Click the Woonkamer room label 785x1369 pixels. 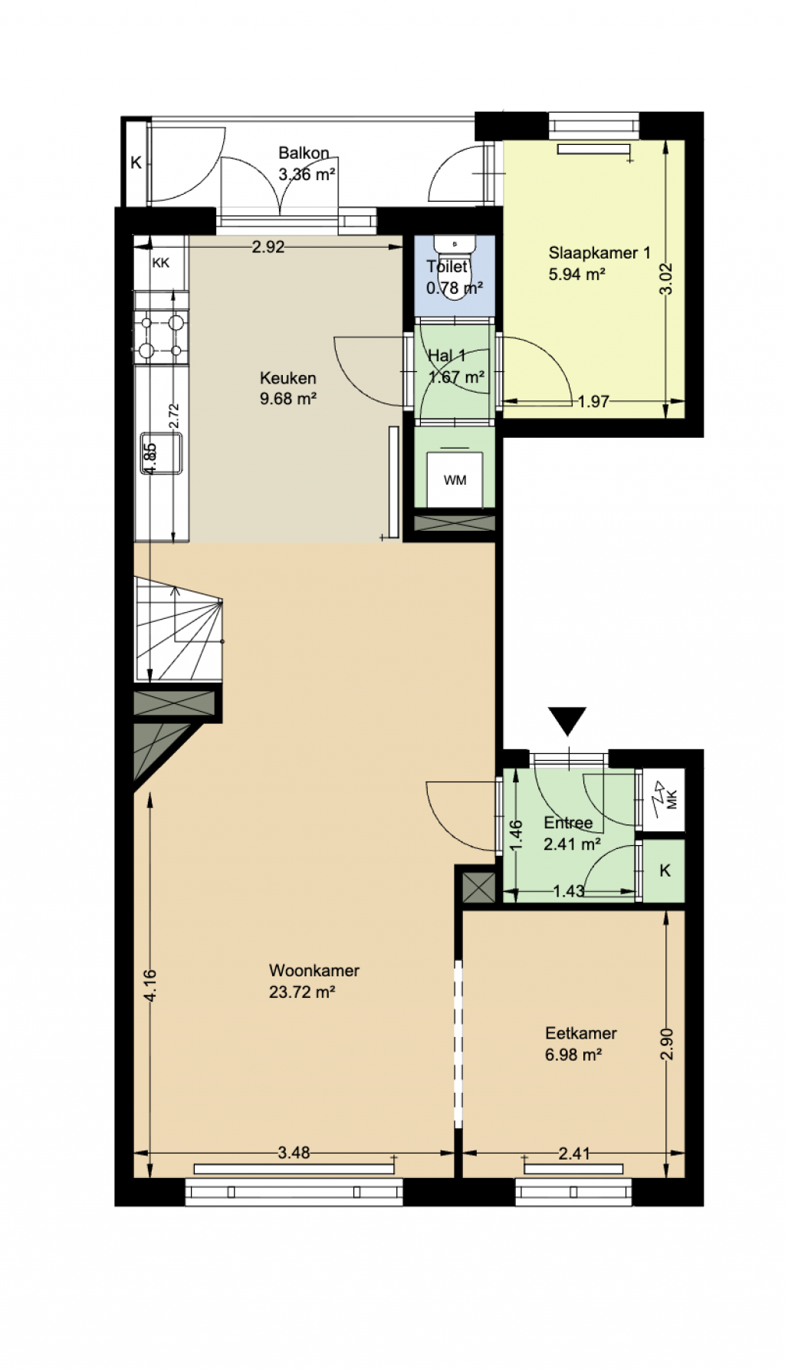(x=314, y=970)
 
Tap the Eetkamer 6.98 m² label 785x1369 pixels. (x=580, y=1044)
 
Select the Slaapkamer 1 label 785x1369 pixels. (x=599, y=252)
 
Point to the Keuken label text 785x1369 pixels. (x=288, y=378)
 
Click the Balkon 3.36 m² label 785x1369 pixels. (x=306, y=164)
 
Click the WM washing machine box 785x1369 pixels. (x=455, y=479)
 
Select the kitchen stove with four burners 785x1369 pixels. (x=161, y=336)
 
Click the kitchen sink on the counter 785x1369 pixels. (x=161, y=453)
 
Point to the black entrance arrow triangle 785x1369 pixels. (x=567, y=720)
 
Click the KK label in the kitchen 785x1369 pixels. (x=161, y=263)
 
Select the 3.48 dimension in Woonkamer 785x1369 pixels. (x=294, y=1153)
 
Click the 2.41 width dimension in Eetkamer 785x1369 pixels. (x=574, y=1153)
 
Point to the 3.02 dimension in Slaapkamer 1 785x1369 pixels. (x=666, y=279)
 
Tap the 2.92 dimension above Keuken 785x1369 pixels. (x=268, y=247)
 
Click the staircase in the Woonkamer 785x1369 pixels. (x=179, y=629)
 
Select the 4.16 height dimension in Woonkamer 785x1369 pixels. (x=150, y=986)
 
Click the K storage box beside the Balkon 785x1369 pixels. (x=136, y=163)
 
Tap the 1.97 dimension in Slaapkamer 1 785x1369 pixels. (x=593, y=401)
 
